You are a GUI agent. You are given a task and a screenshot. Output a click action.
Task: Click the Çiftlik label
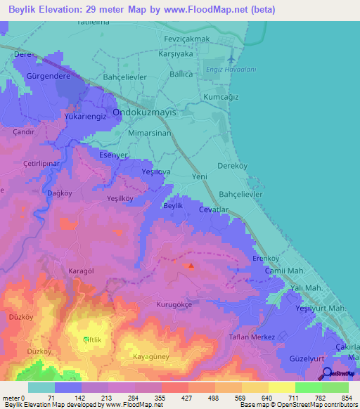(x=94, y=340)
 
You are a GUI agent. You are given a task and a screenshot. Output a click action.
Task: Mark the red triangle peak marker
(x=192, y=266)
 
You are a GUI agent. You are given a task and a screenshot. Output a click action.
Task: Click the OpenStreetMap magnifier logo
(x=327, y=374)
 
